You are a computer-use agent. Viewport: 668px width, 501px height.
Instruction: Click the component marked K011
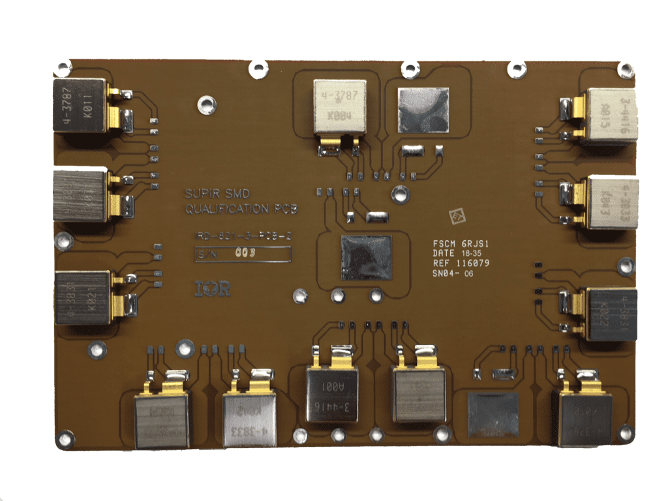79,106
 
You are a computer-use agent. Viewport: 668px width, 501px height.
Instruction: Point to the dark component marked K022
609,314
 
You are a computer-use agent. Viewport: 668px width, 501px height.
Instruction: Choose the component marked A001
332,394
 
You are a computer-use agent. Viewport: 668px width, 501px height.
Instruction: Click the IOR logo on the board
213,288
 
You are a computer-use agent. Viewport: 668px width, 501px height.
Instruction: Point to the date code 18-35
472,253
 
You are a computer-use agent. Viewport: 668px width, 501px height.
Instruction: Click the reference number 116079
475,263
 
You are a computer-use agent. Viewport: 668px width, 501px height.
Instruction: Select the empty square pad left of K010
493,412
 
